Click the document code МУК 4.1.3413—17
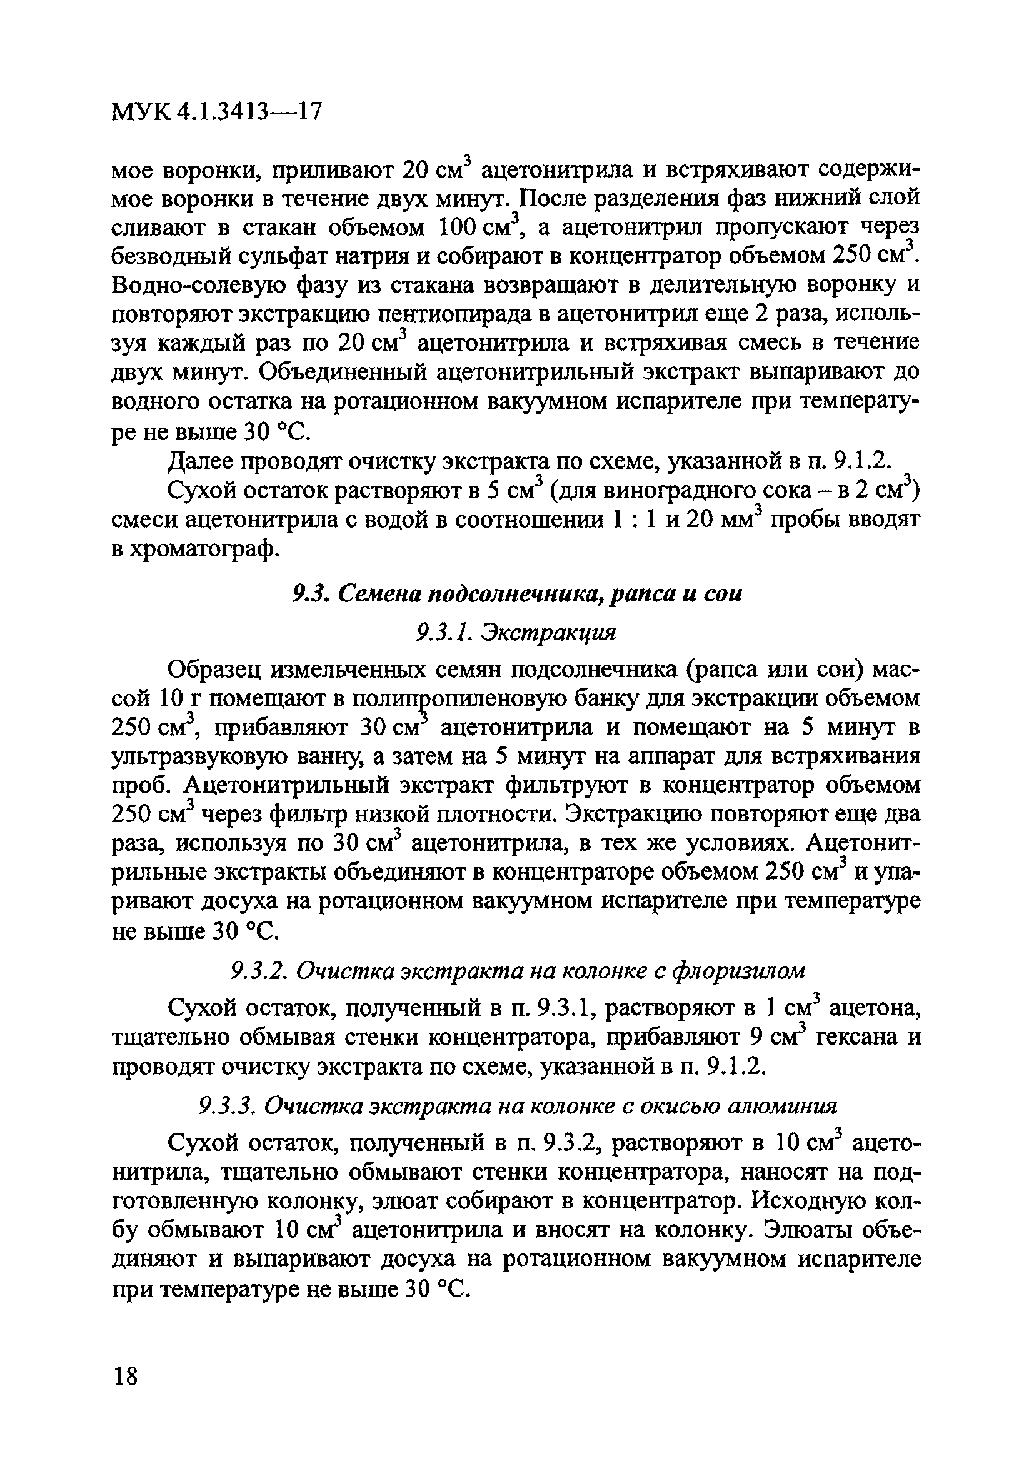(x=216, y=113)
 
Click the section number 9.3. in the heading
(x=309, y=595)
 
